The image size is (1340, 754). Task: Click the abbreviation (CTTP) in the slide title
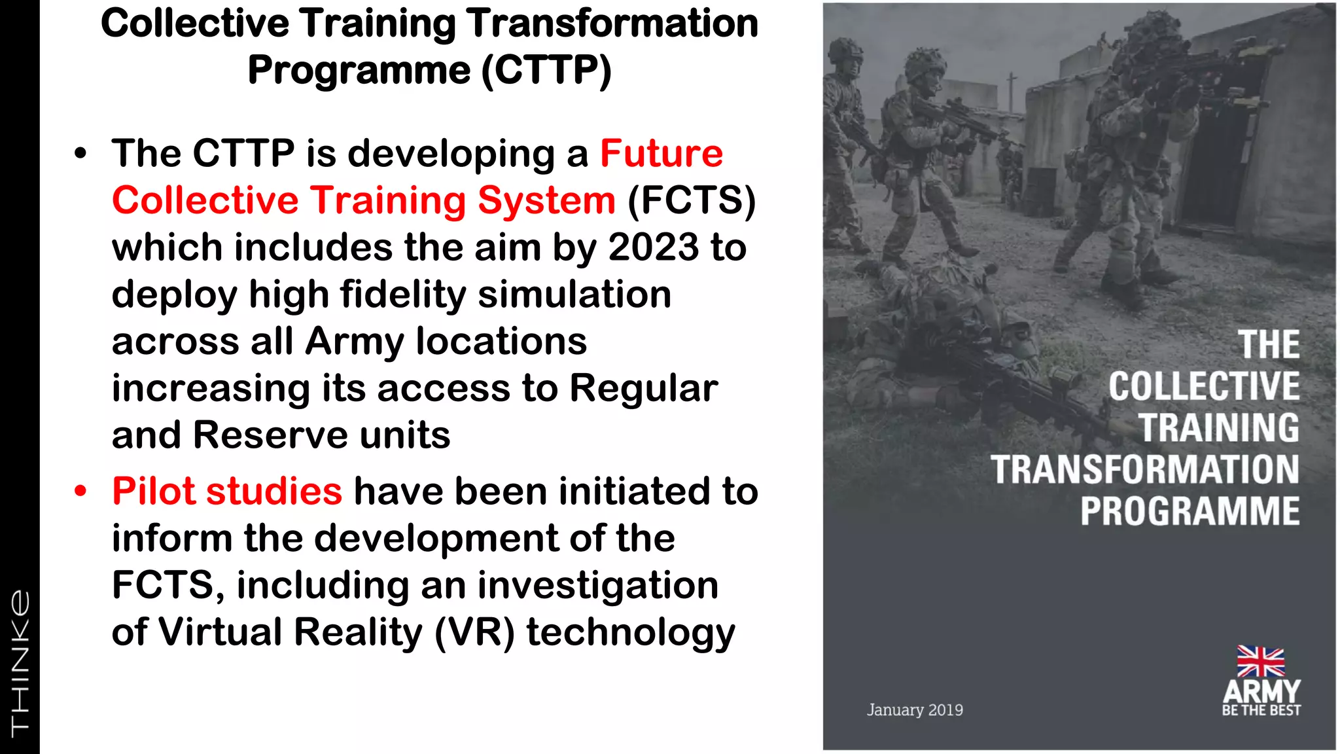click(546, 71)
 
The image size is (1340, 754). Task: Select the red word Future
click(661, 154)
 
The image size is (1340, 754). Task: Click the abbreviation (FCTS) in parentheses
click(692, 200)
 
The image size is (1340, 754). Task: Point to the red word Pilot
click(154, 491)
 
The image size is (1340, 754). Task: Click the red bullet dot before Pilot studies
click(80, 491)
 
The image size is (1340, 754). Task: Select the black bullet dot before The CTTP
click(80, 154)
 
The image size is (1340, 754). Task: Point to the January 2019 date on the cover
click(915, 709)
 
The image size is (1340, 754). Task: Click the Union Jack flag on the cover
click(1260, 661)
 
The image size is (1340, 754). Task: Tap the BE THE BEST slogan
click(1261, 710)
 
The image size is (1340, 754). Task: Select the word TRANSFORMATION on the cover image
click(1144, 469)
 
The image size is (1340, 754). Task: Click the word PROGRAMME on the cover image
click(1190, 511)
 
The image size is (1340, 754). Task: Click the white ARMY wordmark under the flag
click(1261, 691)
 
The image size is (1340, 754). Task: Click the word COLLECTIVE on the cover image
click(1204, 386)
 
